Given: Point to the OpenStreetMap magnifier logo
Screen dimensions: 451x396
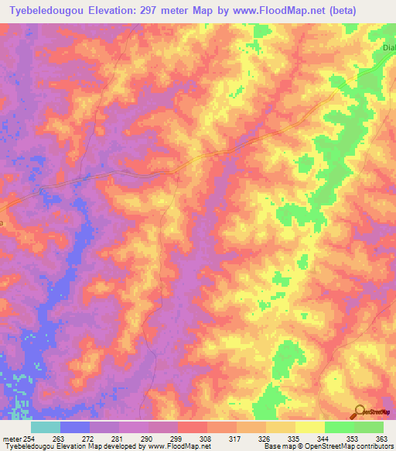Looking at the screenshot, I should click(360, 411).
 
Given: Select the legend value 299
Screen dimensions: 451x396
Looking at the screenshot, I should click(177, 438).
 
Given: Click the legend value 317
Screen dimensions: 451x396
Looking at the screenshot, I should click(236, 438).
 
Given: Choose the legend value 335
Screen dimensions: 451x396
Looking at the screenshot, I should click(295, 438).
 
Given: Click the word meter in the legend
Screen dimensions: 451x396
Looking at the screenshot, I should click(9, 438).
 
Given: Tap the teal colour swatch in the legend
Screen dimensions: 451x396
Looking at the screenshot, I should click(46, 427).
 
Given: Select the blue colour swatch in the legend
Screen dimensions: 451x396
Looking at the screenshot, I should click(75, 427).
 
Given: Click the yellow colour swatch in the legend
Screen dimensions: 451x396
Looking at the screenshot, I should click(310, 427).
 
